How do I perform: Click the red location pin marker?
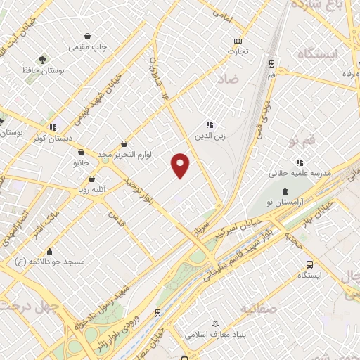(x=181, y=165)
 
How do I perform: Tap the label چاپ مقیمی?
(x=87, y=47)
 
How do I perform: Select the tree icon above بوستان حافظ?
(x=44, y=60)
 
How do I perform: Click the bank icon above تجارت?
(x=238, y=41)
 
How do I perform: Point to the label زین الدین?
(x=210, y=136)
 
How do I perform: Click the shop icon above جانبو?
(x=82, y=152)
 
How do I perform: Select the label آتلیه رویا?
(x=92, y=188)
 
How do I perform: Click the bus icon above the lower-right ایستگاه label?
(x=309, y=264)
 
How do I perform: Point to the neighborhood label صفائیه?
(x=258, y=309)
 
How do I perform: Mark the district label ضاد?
(x=229, y=79)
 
